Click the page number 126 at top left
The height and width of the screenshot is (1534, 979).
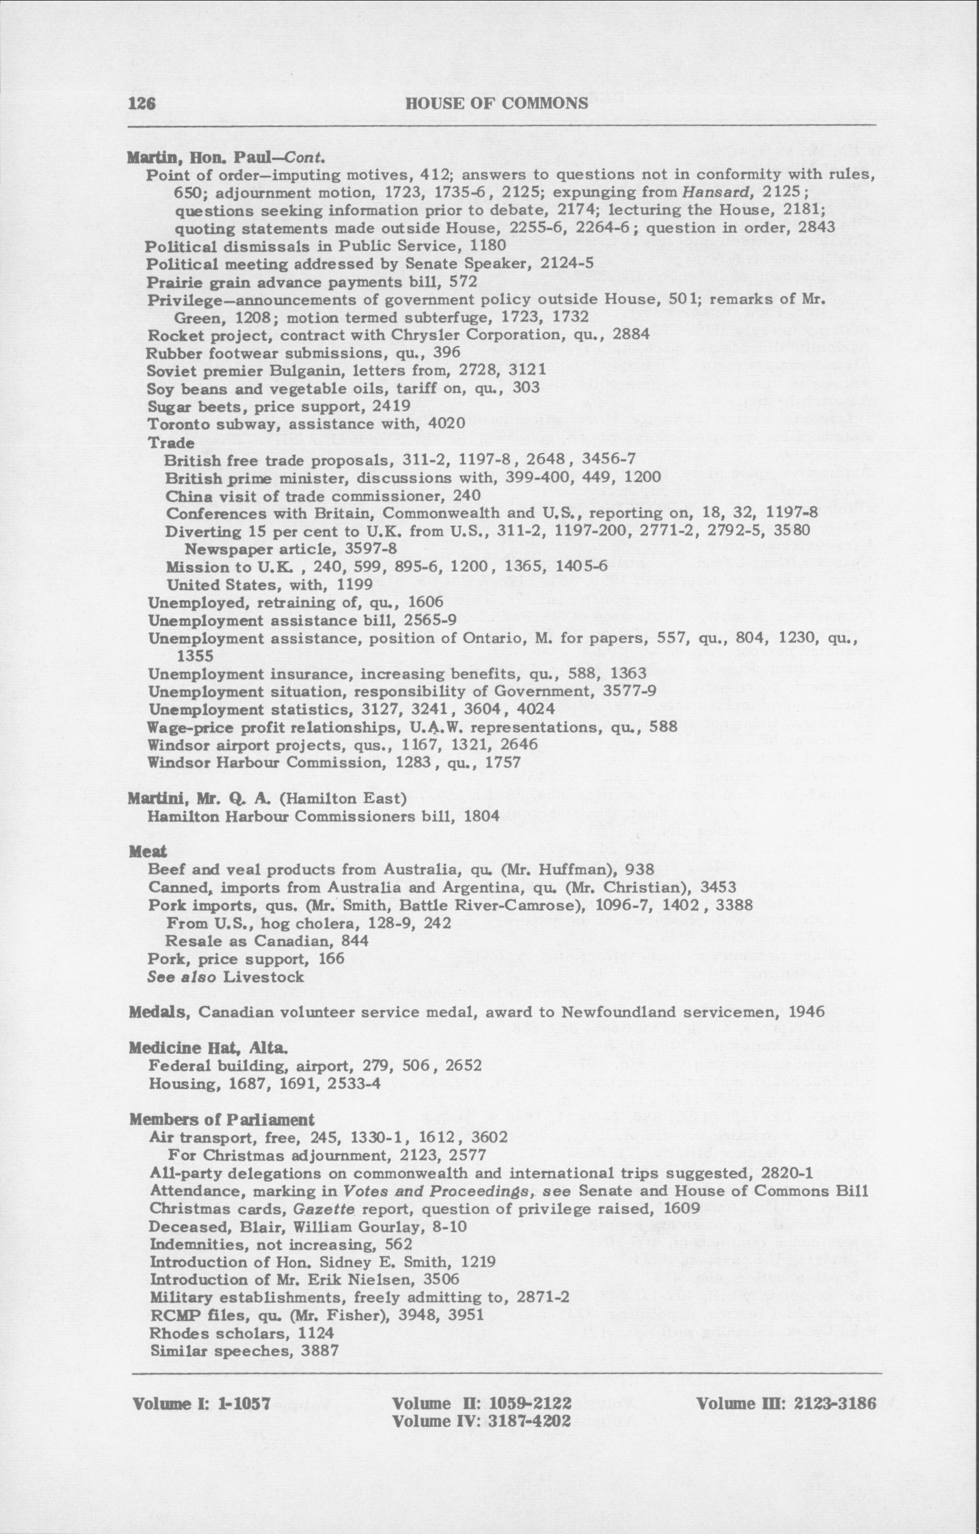tap(142, 104)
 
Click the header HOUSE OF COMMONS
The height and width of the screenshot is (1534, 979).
tap(496, 103)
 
